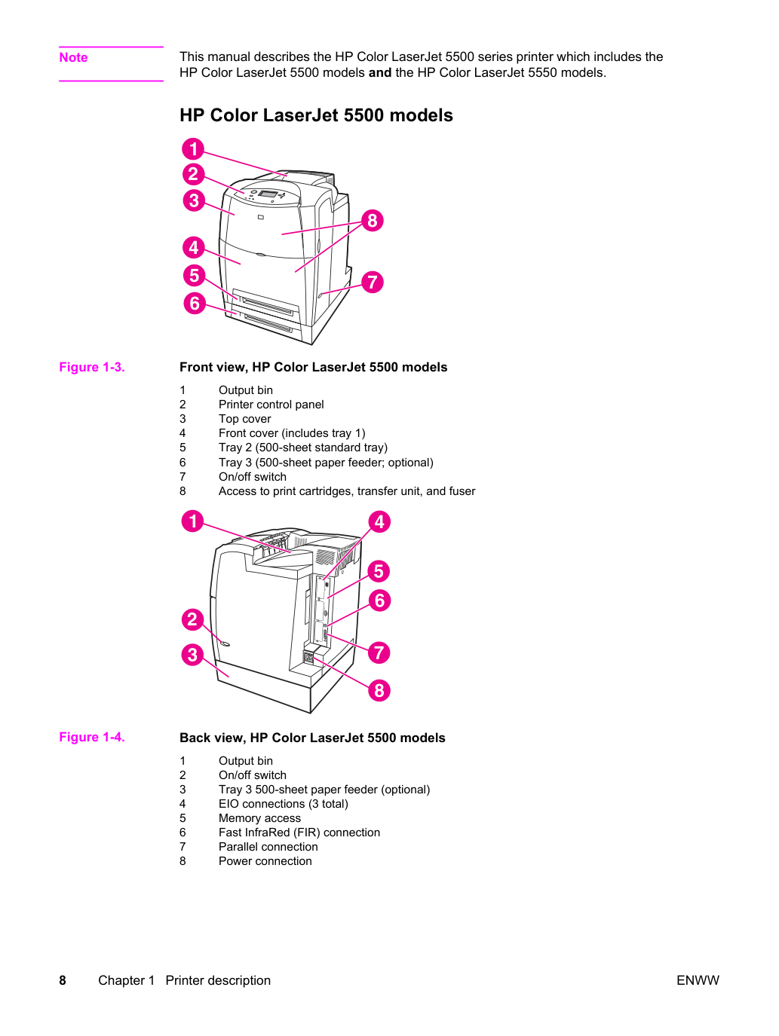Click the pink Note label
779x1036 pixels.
pos(73,57)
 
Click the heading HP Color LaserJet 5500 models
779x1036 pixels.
pos(316,115)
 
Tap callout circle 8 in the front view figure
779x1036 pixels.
pos(373,221)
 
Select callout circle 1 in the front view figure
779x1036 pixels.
pos(193,149)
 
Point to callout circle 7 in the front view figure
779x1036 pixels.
pos(373,282)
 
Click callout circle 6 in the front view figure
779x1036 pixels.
pos(194,303)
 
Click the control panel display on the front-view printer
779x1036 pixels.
pos(268,194)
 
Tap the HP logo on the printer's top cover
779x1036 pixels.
pos(261,217)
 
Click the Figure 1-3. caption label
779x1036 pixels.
pos(92,367)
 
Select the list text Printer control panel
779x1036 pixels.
pos(271,405)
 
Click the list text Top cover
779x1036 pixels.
pos(244,419)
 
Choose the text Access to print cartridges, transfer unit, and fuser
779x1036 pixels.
pos(347,490)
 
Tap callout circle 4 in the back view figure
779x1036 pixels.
pos(379,522)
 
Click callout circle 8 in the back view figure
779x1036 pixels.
pos(379,690)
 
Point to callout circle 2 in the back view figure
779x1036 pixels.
pos(192,619)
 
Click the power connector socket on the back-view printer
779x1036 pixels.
pos(308,658)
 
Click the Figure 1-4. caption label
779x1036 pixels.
pos(92,737)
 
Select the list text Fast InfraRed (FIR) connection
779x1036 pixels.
pos(299,832)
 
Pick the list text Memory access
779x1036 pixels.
pos(259,818)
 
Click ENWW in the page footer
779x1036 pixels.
pos(698,980)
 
